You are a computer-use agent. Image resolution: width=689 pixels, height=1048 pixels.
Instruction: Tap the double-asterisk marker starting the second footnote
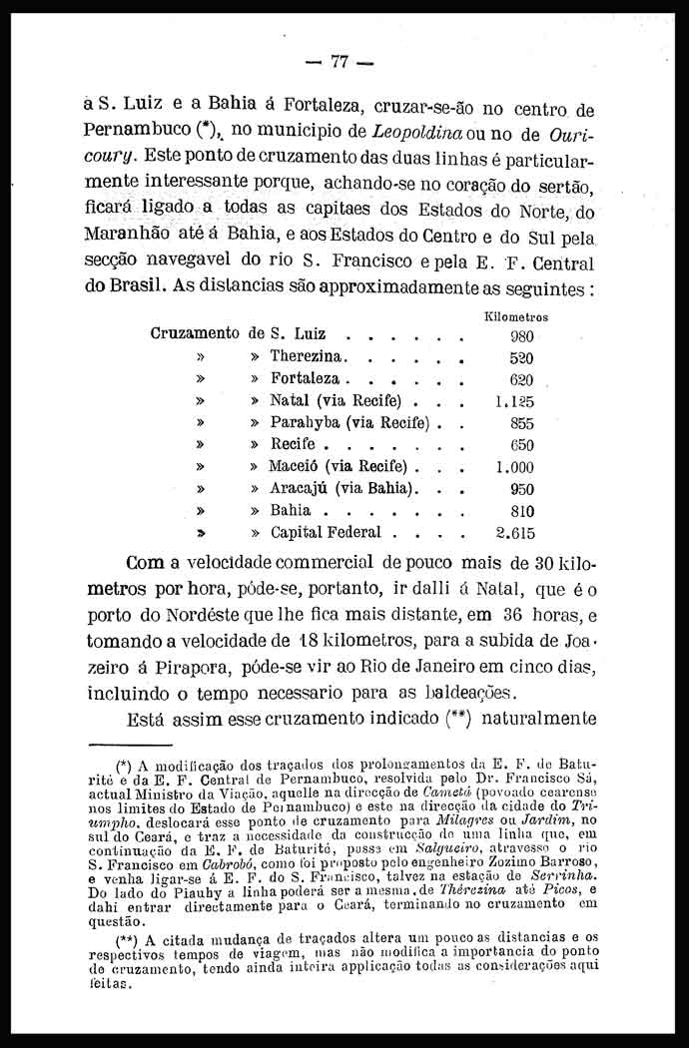click(x=127, y=939)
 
